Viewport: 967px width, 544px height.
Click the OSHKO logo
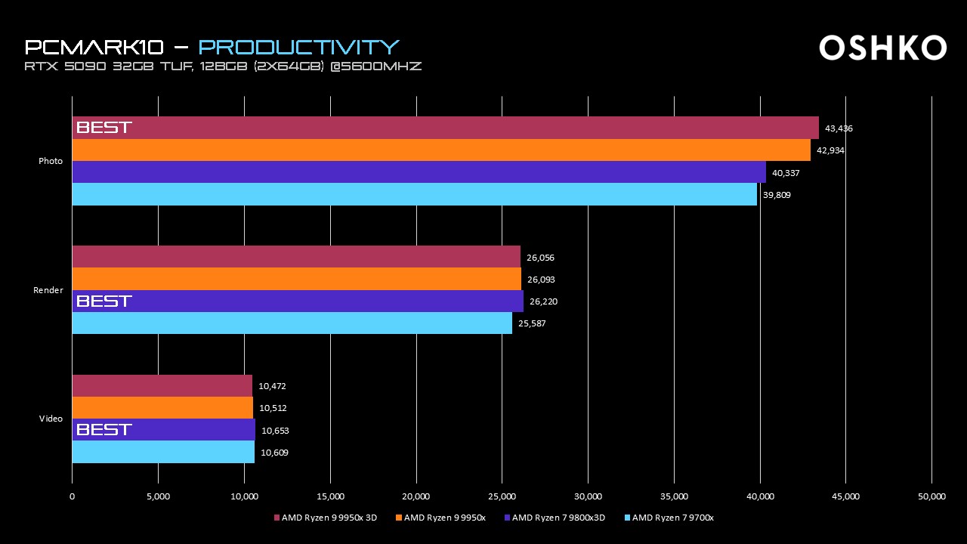tap(882, 48)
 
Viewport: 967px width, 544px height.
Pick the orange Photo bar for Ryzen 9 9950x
tap(441, 150)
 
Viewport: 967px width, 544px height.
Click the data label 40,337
tap(786, 173)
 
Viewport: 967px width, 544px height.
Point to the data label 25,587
tap(532, 323)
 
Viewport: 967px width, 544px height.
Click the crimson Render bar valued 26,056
tap(296, 257)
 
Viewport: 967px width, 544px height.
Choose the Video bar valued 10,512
tap(162, 408)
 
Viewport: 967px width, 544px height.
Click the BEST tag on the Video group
tap(104, 430)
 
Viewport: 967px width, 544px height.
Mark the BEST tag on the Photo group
tap(104, 128)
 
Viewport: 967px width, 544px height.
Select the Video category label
tap(51, 419)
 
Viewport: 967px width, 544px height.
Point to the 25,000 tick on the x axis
tap(502, 496)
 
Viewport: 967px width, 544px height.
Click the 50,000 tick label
tap(931, 496)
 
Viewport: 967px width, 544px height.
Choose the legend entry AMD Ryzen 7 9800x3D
tap(558, 518)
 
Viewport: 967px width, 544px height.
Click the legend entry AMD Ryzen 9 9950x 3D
tap(326, 518)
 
